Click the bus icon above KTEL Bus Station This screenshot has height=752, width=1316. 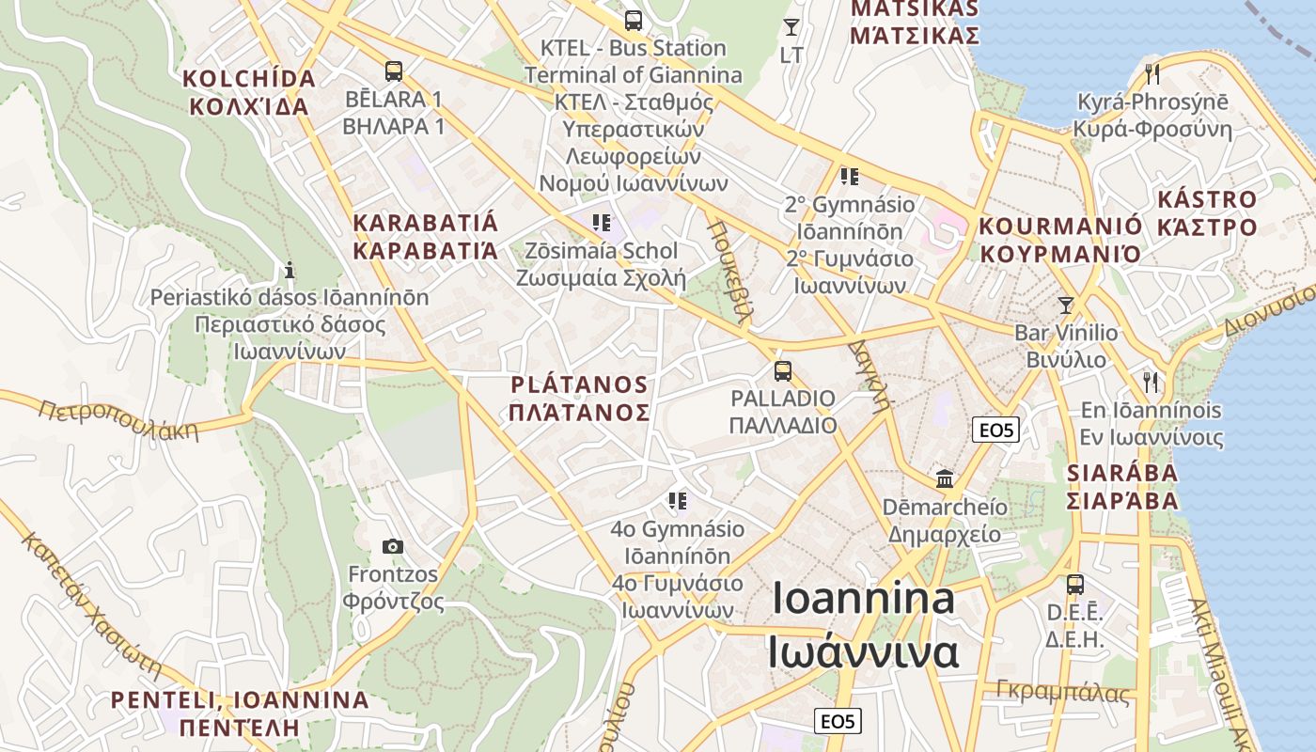pos(634,20)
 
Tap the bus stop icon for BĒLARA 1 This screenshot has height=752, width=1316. pos(394,70)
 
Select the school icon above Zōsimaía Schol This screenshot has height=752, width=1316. pos(602,223)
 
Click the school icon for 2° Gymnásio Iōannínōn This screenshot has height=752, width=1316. pos(850,176)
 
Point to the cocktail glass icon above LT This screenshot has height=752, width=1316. pos(791,27)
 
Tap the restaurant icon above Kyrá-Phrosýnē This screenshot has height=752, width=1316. pos(1152,73)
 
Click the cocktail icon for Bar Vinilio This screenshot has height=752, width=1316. pos(1065,305)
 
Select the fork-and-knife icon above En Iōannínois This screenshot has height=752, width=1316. pos(1151,382)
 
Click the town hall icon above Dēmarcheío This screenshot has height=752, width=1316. pos(945,478)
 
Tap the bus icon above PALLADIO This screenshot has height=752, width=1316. pos(783,370)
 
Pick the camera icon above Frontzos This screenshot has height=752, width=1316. pos(393,546)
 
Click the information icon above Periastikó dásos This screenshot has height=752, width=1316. pos(290,270)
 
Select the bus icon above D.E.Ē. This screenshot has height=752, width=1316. pos(1075,584)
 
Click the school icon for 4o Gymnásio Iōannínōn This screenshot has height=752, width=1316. pos(677,501)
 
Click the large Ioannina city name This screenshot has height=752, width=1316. pos(863,625)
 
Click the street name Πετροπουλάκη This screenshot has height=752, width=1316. pos(119,419)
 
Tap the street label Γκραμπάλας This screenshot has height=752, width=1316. pos(1063,692)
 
